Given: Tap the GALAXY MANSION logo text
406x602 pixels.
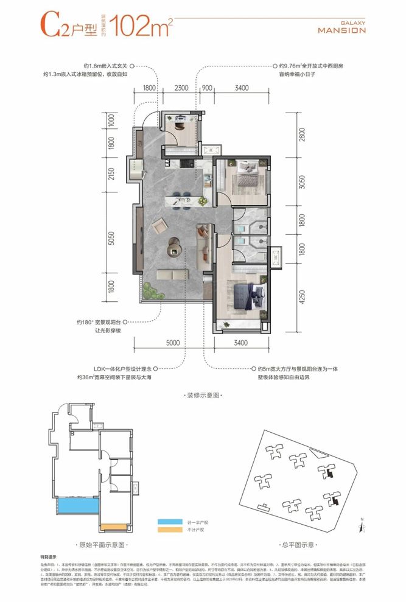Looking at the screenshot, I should pos(342,27).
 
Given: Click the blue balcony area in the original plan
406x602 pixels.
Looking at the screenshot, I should pos(73,507).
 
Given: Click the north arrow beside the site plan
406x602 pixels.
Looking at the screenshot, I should pos(362,522).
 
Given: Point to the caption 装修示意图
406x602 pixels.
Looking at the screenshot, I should pos(203,396).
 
